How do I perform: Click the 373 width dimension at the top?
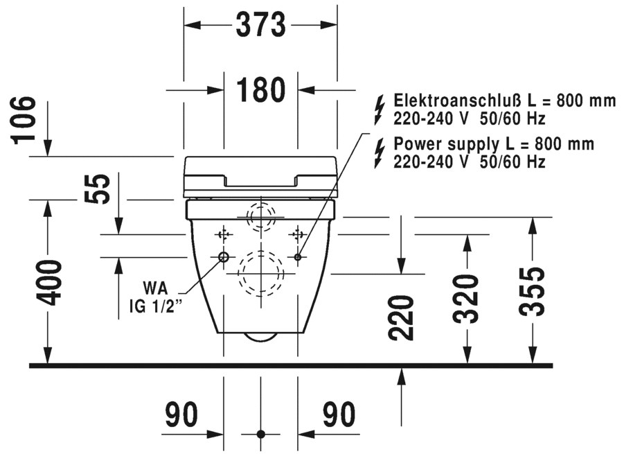[x=260, y=26]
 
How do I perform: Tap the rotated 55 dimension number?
[x=101, y=189]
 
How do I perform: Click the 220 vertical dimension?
[x=401, y=317]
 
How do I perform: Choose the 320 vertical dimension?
[x=467, y=299]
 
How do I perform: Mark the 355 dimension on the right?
[x=533, y=291]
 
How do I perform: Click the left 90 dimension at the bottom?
[x=181, y=414]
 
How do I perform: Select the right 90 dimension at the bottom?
[x=339, y=414]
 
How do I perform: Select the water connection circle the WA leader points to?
[x=224, y=257]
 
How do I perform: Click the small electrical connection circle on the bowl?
[x=298, y=257]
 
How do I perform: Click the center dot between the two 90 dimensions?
[x=260, y=435]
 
